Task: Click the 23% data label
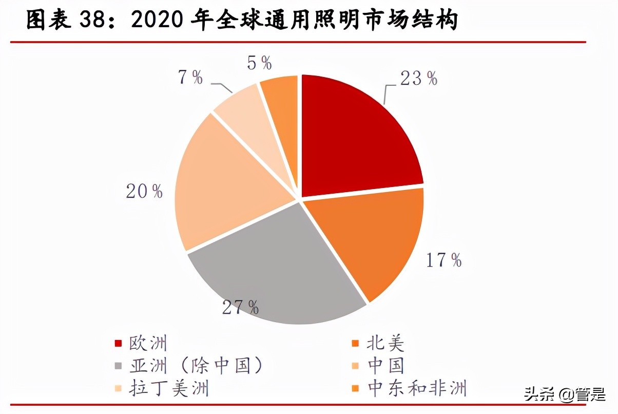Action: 419,79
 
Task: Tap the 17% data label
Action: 444,260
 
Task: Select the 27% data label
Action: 240,307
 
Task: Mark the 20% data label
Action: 144,192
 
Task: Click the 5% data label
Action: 259,63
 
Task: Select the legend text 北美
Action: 385,344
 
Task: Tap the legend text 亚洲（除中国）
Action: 196,366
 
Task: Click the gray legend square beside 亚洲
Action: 118,366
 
